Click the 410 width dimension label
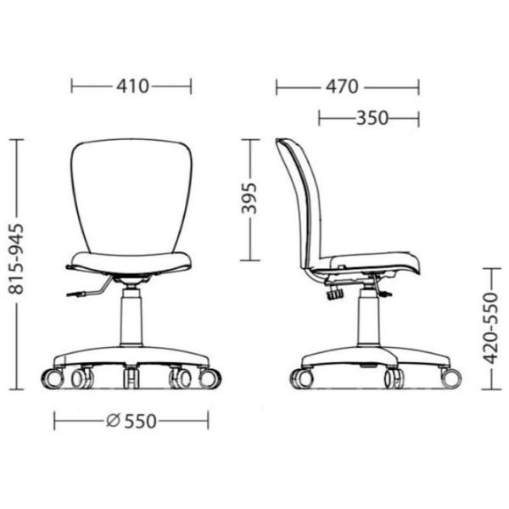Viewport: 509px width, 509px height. [x=132, y=87]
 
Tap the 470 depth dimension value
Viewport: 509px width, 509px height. [x=342, y=87]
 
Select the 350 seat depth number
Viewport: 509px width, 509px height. [x=372, y=118]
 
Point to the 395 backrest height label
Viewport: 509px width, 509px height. [x=249, y=199]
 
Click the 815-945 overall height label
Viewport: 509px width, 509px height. [x=16, y=259]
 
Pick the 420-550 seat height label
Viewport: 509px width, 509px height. [x=490, y=327]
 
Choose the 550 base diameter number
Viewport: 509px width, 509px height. [x=140, y=422]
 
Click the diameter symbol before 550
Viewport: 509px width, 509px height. [x=114, y=421]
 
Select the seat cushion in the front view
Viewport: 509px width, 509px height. [x=131, y=263]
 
